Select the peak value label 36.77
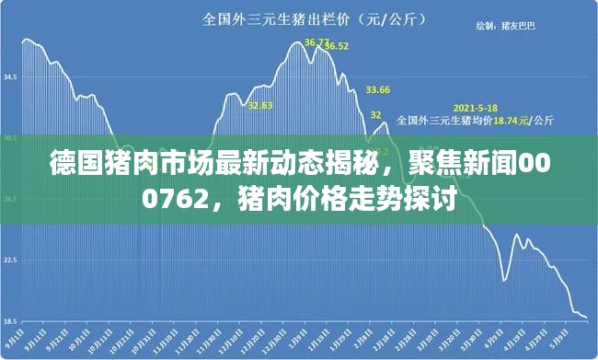pyautogui.click(x=317, y=41)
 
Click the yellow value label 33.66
pyautogui.click(x=378, y=89)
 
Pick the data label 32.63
pyautogui.click(x=260, y=105)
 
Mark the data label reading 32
pyautogui.click(x=375, y=114)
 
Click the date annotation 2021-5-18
pyautogui.click(x=476, y=106)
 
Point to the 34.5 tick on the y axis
pyautogui.click(x=11, y=77)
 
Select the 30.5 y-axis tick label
pyautogui.click(x=11, y=138)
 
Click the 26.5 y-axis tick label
pyautogui.click(x=11, y=199)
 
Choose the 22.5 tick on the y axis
pyautogui.click(x=11, y=260)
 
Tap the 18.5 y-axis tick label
pyautogui.click(x=11, y=320)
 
